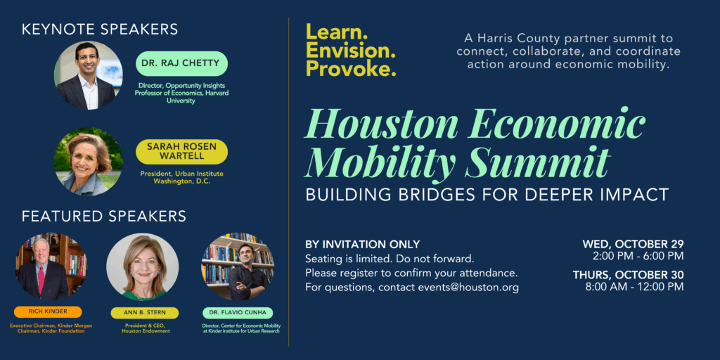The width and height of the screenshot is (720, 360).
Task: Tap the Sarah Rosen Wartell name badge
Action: point(182,151)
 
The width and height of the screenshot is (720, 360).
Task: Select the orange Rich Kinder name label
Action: point(48,311)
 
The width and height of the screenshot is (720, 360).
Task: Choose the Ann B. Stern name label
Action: point(144,312)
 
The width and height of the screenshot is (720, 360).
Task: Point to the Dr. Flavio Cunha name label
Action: point(238,312)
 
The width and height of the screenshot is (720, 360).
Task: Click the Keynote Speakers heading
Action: point(100,29)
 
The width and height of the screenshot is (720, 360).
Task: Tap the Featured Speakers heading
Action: point(104,216)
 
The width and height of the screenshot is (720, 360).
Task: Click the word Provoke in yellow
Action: point(350,69)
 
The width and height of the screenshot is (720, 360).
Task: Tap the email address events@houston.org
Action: point(468,288)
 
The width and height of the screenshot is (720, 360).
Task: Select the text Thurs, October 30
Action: point(628,274)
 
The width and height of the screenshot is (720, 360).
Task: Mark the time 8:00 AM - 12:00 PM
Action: point(634,286)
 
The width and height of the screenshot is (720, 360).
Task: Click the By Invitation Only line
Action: point(363,244)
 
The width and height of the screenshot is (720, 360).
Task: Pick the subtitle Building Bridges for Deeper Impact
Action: point(487,195)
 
